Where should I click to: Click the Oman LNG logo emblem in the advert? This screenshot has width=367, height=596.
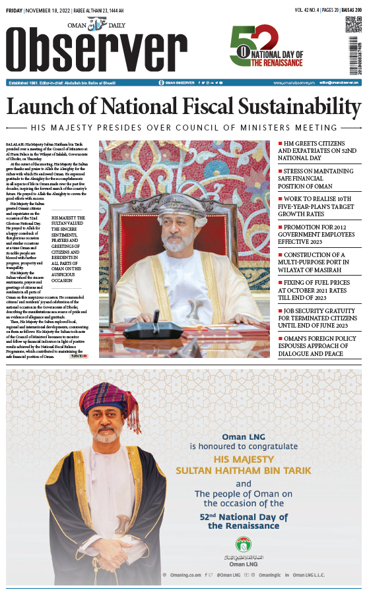tap(244, 544)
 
